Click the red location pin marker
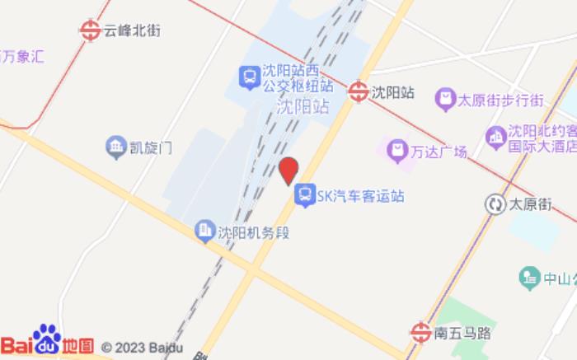pos(288,171)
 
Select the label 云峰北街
pos(132,30)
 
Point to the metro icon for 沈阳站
pos(358,92)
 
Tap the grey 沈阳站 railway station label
pos(303,106)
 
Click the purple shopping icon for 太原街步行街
pos(445,100)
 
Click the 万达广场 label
pos(440,152)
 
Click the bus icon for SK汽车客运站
pos(304,195)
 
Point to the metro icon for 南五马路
pos(420,333)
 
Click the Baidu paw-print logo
pos(45,338)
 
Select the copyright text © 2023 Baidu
pos(142,347)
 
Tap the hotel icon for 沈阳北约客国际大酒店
pos(495,135)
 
